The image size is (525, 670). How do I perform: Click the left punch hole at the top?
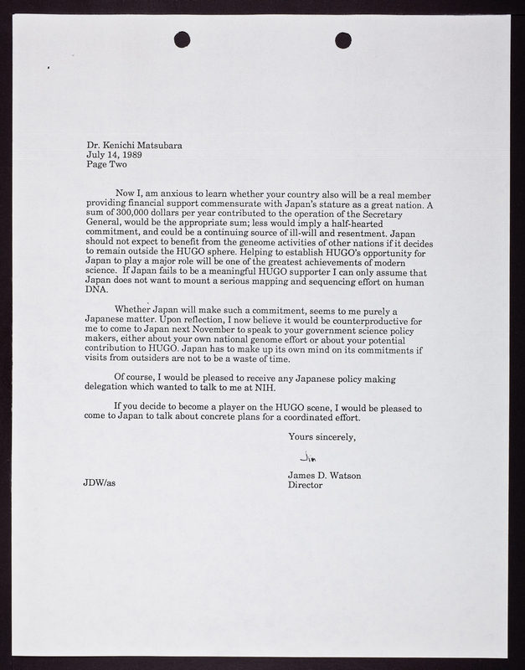(x=183, y=39)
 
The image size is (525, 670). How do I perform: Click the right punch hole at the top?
(x=343, y=39)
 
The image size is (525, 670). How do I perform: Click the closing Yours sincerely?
(x=322, y=436)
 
